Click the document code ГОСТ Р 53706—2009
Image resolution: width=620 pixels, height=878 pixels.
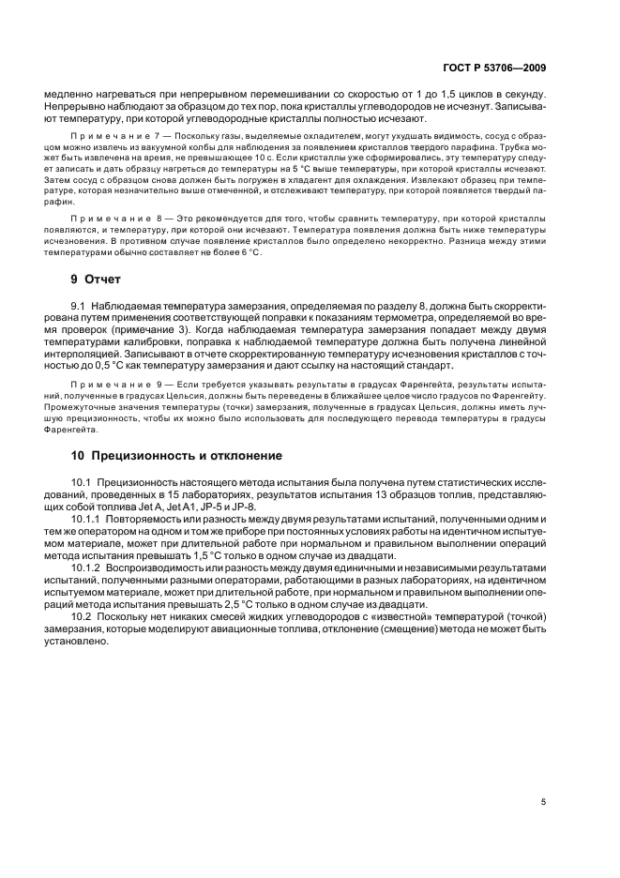[x=494, y=68]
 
